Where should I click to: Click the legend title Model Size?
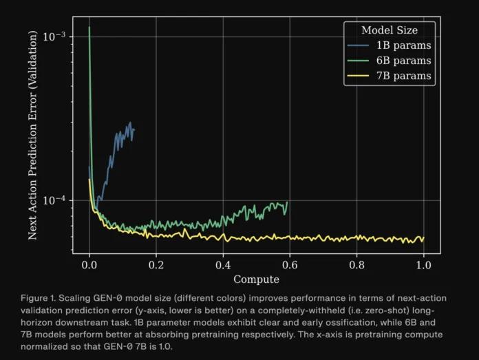389,30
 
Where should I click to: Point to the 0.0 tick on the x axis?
89,264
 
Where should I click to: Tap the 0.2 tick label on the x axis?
156,264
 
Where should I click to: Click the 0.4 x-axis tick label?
223,264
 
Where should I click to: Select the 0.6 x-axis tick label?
290,264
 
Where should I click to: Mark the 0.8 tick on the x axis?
356,264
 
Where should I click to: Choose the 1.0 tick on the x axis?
423,264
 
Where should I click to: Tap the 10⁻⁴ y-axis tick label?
54,200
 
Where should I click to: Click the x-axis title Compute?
256,279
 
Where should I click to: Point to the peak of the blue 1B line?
129,123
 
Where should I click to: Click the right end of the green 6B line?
287,202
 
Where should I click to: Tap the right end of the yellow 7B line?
423,238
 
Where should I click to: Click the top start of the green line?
89,28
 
